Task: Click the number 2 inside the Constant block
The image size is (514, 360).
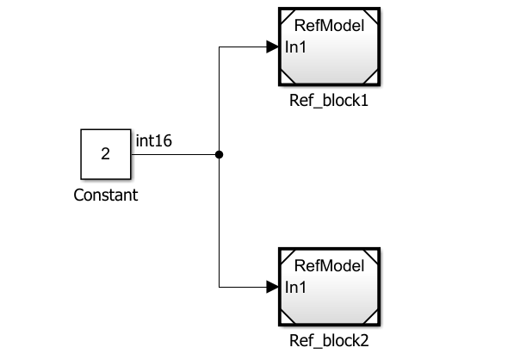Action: pyautogui.click(x=106, y=155)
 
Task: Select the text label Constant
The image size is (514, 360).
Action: pyautogui.click(x=106, y=196)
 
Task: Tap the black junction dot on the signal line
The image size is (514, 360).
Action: pyautogui.click(x=220, y=155)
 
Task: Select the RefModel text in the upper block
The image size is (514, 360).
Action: pyautogui.click(x=330, y=26)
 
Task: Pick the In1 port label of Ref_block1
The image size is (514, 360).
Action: pyautogui.click(x=296, y=47)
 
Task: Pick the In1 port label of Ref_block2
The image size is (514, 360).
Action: pyautogui.click(x=296, y=286)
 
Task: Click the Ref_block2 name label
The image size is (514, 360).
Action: pyautogui.click(x=330, y=340)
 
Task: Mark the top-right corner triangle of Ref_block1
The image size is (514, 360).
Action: pyautogui.click(x=374, y=16)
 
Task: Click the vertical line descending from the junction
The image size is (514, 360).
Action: pyautogui.click(x=220, y=224)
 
